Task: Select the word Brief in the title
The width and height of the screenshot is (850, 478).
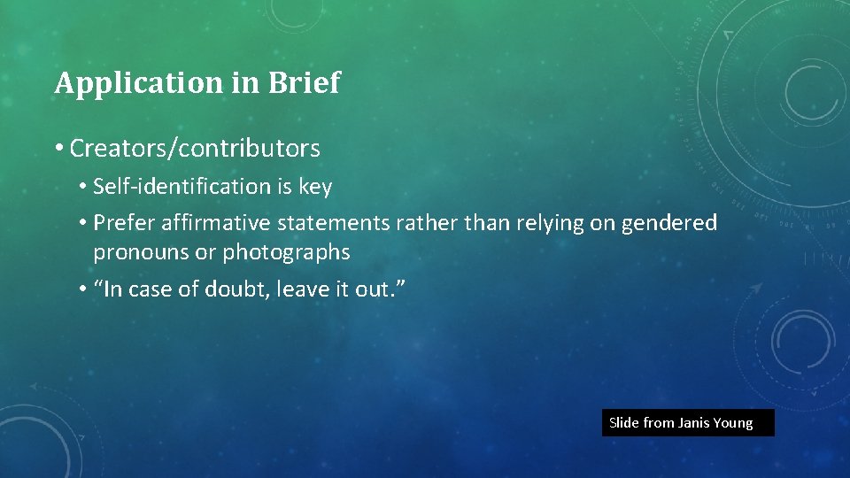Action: (x=305, y=82)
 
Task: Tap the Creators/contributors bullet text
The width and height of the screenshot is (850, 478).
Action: (x=195, y=148)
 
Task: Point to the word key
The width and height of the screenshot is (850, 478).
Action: (x=315, y=188)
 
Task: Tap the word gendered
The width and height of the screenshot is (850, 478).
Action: (x=669, y=223)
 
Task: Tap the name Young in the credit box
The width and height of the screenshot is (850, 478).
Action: (x=733, y=423)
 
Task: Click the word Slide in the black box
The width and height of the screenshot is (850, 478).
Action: (x=624, y=423)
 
